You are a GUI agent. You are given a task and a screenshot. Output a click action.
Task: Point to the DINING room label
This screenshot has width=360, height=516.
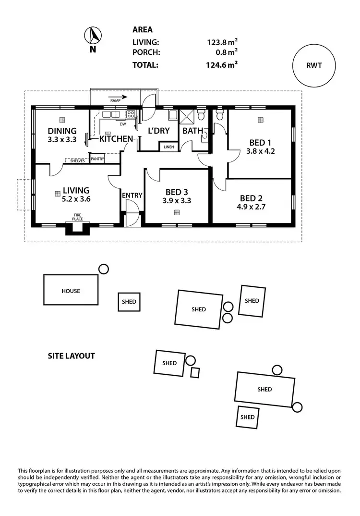[x=62, y=131]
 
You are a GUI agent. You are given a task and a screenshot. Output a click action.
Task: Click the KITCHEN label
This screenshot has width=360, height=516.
[x=116, y=139]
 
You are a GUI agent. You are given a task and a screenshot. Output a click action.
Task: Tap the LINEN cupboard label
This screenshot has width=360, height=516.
[x=168, y=147]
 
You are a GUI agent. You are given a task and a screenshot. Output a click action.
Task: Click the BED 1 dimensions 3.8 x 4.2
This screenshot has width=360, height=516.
[x=261, y=151]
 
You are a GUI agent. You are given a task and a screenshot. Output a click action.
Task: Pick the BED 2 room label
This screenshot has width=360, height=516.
[x=251, y=198]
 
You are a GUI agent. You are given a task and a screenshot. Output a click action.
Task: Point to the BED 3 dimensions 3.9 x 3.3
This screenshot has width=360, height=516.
[x=177, y=201]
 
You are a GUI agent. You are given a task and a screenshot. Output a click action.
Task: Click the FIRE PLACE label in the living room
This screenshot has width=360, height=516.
[x=77, y=217]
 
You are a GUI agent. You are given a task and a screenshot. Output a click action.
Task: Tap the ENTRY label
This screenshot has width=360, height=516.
[x=132, y=196]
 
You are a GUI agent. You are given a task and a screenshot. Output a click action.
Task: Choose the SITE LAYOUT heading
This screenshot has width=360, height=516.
[x=71, y=356]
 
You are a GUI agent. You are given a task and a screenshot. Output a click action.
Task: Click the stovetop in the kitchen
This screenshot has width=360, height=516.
[x=130, y=114]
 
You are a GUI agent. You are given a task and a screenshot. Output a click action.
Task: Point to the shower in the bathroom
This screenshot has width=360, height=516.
[x=186, y=115]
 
